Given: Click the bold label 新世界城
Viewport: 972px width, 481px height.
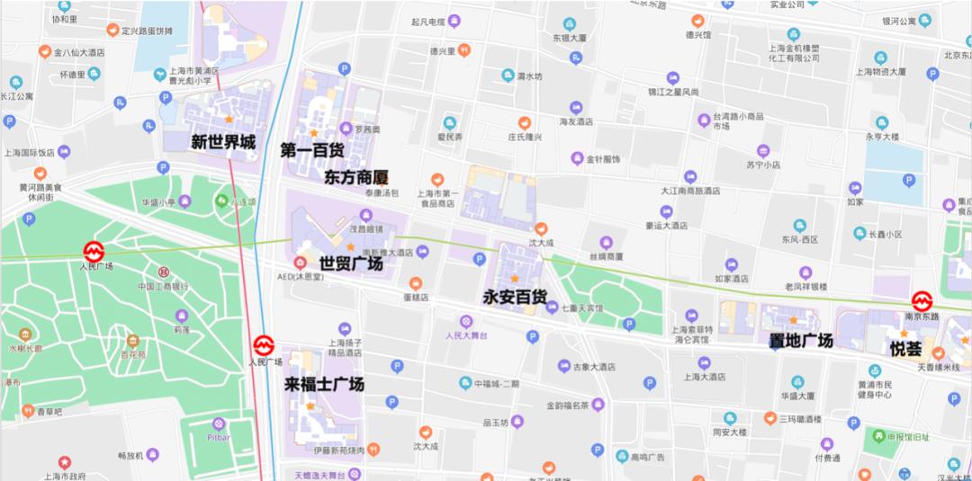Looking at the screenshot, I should pos(222,142).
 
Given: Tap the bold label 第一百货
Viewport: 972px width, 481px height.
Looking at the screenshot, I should pos(311,149).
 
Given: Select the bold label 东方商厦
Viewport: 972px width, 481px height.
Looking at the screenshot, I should pos(355,177).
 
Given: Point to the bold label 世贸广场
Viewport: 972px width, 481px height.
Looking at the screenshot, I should pos(351,263).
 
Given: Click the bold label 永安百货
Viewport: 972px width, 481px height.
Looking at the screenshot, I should pos(515,297).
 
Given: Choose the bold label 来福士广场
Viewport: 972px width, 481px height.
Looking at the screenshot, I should pos(324,384).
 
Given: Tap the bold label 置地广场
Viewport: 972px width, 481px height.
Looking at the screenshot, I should pos(801,340).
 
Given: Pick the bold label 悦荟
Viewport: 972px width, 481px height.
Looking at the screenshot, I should pos(905,349).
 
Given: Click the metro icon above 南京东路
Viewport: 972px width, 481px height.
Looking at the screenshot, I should pos(922,301).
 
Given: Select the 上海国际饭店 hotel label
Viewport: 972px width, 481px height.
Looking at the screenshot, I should pos(29,152).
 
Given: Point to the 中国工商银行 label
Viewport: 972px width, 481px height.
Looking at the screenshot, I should pos(163,286).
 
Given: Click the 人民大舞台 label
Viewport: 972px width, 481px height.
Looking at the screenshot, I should pos(465,335).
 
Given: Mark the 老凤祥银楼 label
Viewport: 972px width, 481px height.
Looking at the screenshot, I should pos(805,287).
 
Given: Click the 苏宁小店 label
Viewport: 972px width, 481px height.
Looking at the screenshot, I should pos(763,165).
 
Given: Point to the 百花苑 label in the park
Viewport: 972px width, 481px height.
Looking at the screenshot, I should pos(133,355).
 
